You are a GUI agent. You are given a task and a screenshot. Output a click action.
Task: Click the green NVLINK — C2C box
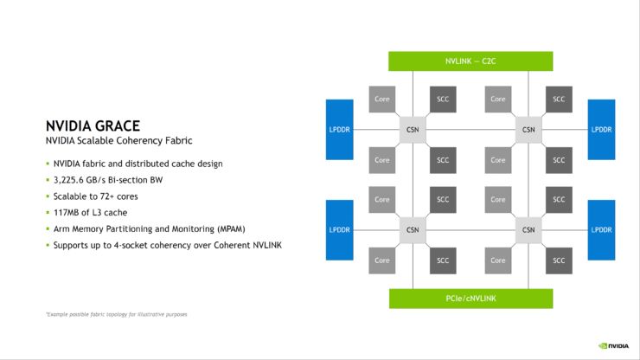pyautogui.click(x=470, y=61)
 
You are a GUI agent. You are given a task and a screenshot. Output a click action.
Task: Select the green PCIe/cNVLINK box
pyautogui.click(x=471, y=299)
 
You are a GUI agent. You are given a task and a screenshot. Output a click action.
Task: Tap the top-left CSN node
pyautogui.click(x=413, y=130)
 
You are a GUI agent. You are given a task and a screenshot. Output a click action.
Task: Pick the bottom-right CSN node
pyautogui.click(x=528, y=229)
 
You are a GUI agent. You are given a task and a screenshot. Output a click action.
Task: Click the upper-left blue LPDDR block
pyautogui.click(x=340, y=130)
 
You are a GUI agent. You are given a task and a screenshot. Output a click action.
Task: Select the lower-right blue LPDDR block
pyautogui.click(x=601, y=230)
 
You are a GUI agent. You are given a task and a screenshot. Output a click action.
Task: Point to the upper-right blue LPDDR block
pyautogui.click(x=601, y=130)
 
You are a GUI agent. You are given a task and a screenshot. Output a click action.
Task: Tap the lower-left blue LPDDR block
pyautogui.click(x=340, y=230)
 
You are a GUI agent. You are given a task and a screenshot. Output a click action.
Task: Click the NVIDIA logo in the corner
pyautogui.click(x=613, y=346)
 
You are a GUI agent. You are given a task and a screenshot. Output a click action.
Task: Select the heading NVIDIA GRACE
pyautogui.click(x=93, y=125)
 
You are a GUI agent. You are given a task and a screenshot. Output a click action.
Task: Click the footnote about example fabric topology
pyautogui.click(x=117, y=314)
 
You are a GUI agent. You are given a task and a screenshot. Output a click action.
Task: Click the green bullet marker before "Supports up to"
pyautogui.click(x=48, y=245)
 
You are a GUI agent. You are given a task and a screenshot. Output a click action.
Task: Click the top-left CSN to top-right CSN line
pyautogui.click(x=470, y=130)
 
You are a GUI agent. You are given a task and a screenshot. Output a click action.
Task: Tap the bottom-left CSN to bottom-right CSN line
pyautogui.click(x=470, y=230)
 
